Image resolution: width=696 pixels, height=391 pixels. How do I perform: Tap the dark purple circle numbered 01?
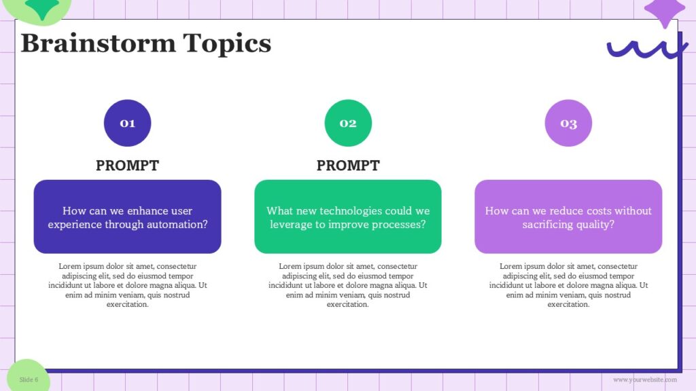coord(127,123)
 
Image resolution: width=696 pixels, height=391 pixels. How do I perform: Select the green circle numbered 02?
coord(348,123)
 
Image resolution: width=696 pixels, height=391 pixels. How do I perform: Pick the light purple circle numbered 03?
coord(568,123)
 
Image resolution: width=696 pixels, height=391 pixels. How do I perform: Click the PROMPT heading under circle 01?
coord(127,166)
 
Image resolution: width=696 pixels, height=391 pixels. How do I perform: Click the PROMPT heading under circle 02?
coord(348,166)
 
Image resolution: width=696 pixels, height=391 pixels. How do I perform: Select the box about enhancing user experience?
coord(127,217)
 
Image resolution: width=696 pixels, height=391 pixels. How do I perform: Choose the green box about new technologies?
coord(348,217)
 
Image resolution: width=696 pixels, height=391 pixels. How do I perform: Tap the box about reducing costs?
coord(568,217)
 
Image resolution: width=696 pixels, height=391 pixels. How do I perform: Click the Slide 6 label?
coord(29,379)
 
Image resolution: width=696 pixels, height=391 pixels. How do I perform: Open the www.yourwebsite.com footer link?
coord(644,379)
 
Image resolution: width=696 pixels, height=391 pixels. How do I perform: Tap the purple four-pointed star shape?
coord(664,12)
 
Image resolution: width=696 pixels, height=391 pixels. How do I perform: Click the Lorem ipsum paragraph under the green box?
coord(348,285)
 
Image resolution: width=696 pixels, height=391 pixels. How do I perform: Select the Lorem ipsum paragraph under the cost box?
coord(568,285)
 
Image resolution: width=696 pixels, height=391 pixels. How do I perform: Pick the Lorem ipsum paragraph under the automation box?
coord(127,285)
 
